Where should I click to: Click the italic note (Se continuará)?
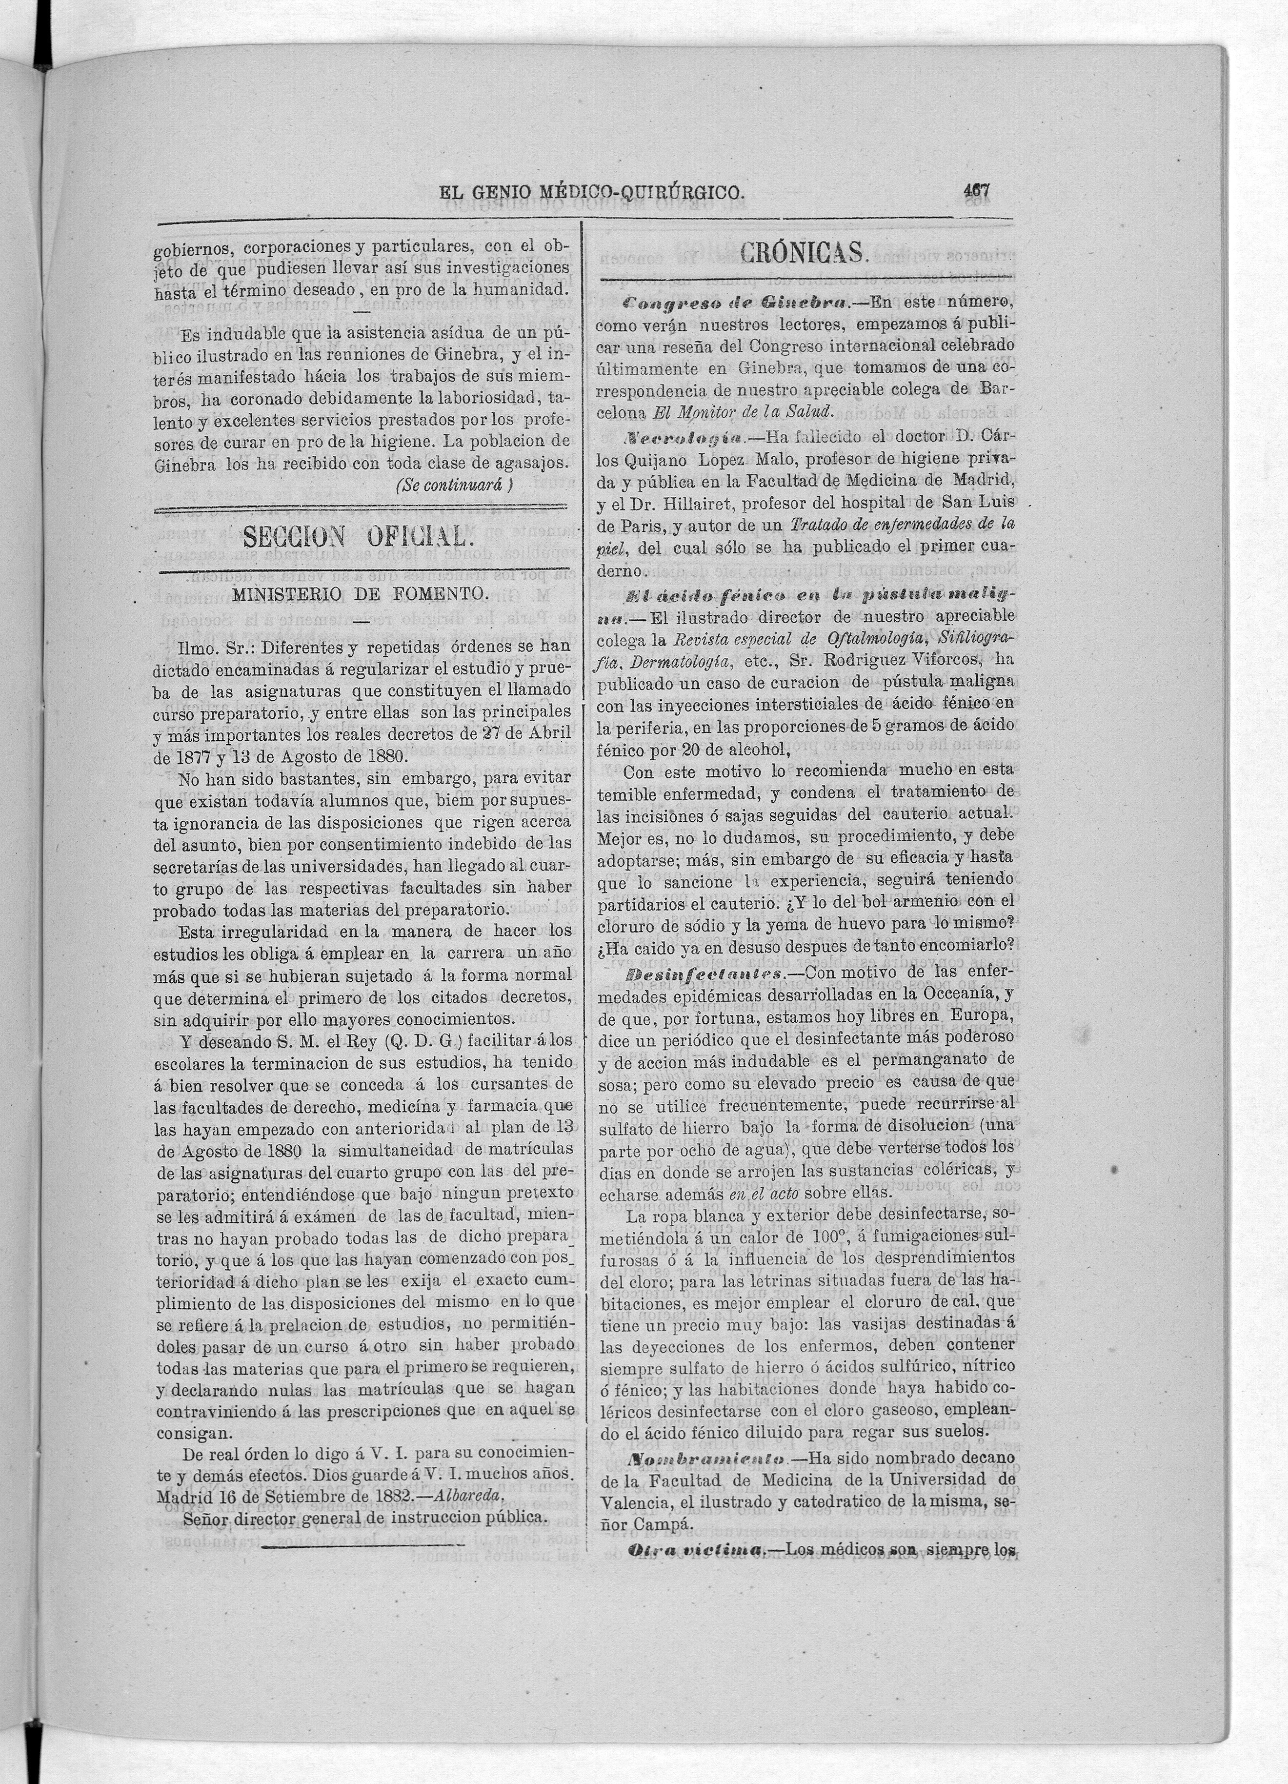pyautogui.click(x=455, y=486)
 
